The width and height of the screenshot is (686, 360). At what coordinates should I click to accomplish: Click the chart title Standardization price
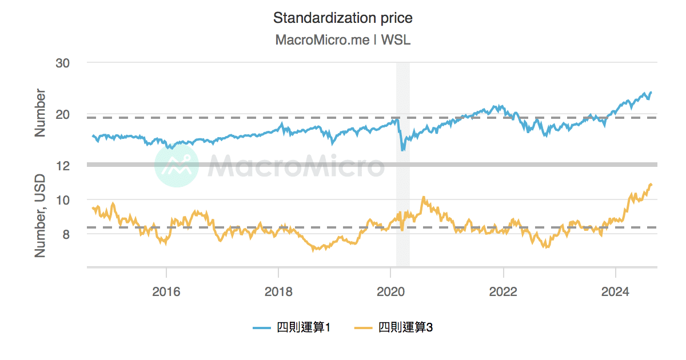342,18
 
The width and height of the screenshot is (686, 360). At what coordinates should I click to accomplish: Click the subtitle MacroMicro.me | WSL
342,40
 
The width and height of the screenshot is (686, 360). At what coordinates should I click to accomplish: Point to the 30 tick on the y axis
62,63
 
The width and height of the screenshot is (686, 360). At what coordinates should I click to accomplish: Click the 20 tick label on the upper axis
62,114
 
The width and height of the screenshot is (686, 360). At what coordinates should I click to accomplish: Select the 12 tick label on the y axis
62,166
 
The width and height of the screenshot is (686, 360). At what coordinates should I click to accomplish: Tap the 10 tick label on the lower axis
62,200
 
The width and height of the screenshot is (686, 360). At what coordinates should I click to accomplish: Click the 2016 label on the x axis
166,291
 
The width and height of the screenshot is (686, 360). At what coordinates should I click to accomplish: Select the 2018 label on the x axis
278,291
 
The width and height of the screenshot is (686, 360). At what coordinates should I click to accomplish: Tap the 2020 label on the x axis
390,291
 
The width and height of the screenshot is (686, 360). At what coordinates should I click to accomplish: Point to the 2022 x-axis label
503,291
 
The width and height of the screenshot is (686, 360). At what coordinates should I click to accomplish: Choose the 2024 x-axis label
615,291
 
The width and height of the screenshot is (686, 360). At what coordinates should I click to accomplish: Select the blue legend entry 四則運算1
292,327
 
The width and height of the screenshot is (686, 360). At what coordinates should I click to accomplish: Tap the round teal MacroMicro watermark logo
177,165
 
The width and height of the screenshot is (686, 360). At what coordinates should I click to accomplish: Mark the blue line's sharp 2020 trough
403,150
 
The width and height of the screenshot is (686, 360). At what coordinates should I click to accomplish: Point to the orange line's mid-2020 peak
424,197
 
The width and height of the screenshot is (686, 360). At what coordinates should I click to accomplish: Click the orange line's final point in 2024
651,184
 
